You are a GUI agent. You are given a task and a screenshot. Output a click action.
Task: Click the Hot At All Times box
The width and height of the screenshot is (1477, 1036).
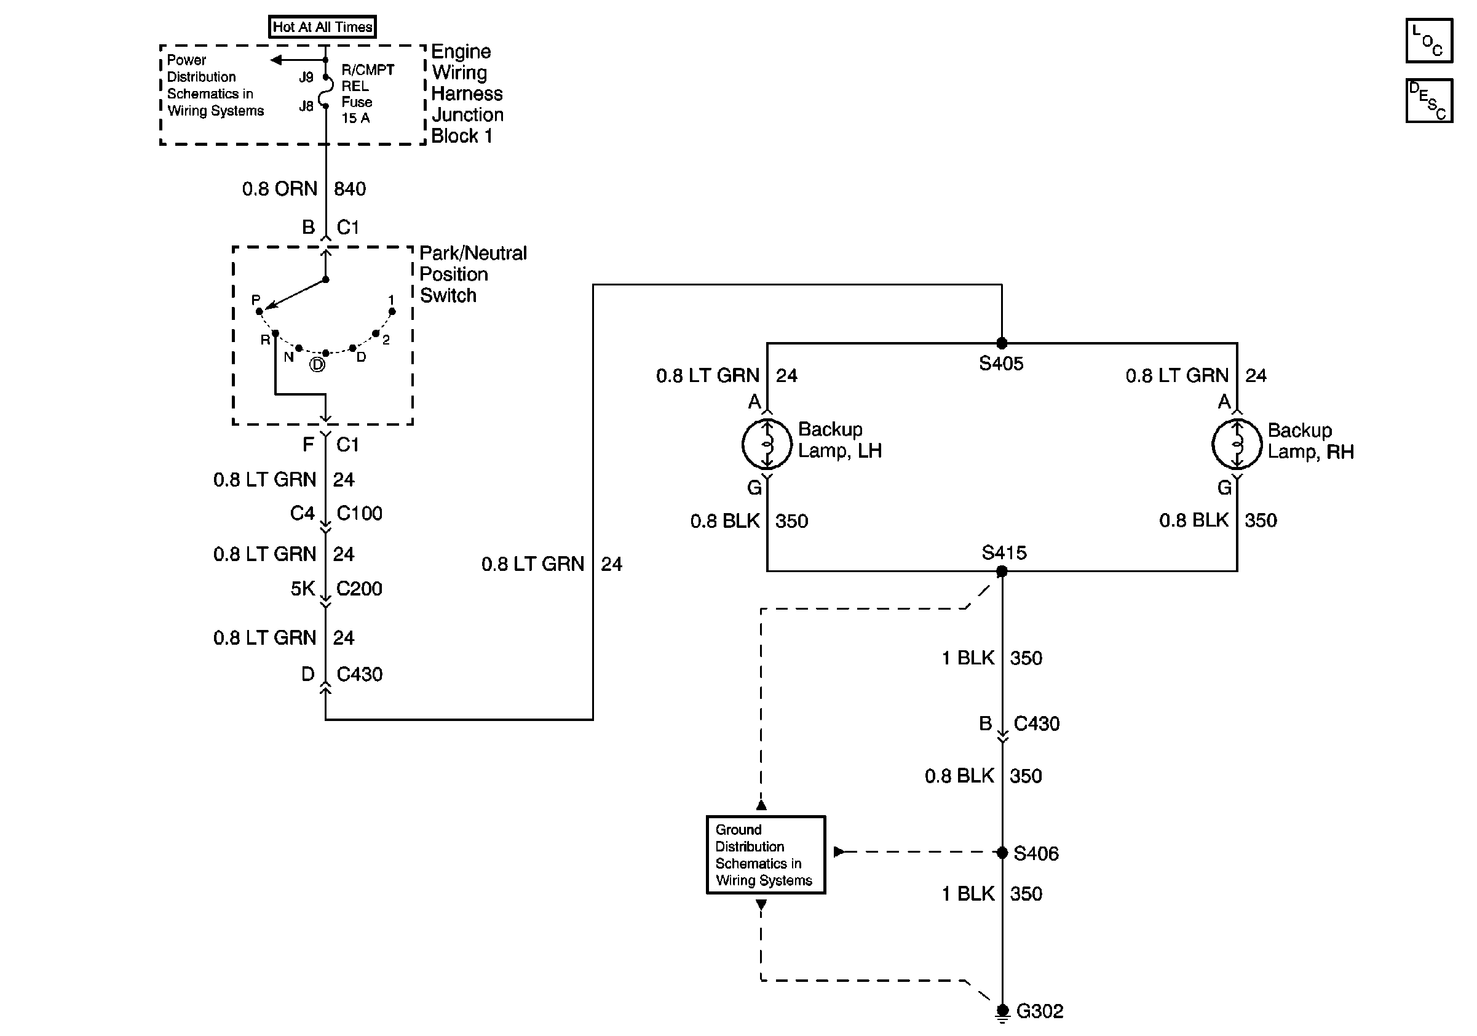[322, 27]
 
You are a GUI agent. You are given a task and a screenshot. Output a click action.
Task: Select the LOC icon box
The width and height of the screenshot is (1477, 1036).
[1429, 41]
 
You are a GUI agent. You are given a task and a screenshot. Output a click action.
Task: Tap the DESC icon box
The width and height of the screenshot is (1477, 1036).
[1429, 101]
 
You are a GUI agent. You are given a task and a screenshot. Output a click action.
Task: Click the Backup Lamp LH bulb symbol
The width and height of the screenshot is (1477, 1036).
[767, 444]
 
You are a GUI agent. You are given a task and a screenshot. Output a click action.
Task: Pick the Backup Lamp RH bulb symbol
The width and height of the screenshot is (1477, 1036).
[1237, 444]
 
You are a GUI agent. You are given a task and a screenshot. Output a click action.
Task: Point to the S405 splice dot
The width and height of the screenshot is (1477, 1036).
[1002, 343]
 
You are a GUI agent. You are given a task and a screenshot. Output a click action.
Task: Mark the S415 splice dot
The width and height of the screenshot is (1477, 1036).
[1002, 572]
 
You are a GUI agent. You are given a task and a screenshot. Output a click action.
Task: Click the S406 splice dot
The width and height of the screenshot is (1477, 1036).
[1002, 853]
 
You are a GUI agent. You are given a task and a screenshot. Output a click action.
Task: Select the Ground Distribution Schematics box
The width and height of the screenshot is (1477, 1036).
[766, 855]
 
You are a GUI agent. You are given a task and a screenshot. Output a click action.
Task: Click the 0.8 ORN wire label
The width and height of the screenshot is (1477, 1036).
[279, 188]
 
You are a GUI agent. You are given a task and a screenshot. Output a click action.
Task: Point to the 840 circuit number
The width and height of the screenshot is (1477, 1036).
[350, 188]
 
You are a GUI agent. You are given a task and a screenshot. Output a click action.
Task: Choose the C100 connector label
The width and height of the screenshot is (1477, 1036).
[359, 513]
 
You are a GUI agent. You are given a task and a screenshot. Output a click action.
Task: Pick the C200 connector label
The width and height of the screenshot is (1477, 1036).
[359, 588]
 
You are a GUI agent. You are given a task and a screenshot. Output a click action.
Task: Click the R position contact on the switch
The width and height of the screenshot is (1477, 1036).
[275, 333]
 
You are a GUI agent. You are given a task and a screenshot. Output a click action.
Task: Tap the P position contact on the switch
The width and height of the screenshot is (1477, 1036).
[259, 311]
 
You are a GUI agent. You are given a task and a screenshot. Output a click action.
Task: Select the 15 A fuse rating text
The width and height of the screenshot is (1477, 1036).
[355, 118]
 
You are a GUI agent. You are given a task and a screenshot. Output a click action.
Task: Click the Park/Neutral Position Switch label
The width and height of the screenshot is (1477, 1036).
[473, 274]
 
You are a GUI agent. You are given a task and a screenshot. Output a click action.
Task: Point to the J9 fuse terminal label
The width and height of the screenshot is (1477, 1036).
[306, 78]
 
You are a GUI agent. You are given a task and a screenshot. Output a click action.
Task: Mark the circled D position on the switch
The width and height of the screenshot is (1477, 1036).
[318, 365]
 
